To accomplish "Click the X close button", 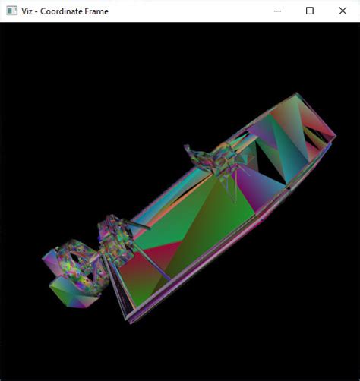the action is click(x=343, y=11).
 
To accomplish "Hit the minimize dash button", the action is click(x=277, y=11).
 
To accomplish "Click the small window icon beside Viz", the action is click(x=11, y=11).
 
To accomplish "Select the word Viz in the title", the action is click(x=27, y=11).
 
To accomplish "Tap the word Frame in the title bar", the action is click(x=97, y=11).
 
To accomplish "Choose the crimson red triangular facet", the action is click(x=162, y=253).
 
